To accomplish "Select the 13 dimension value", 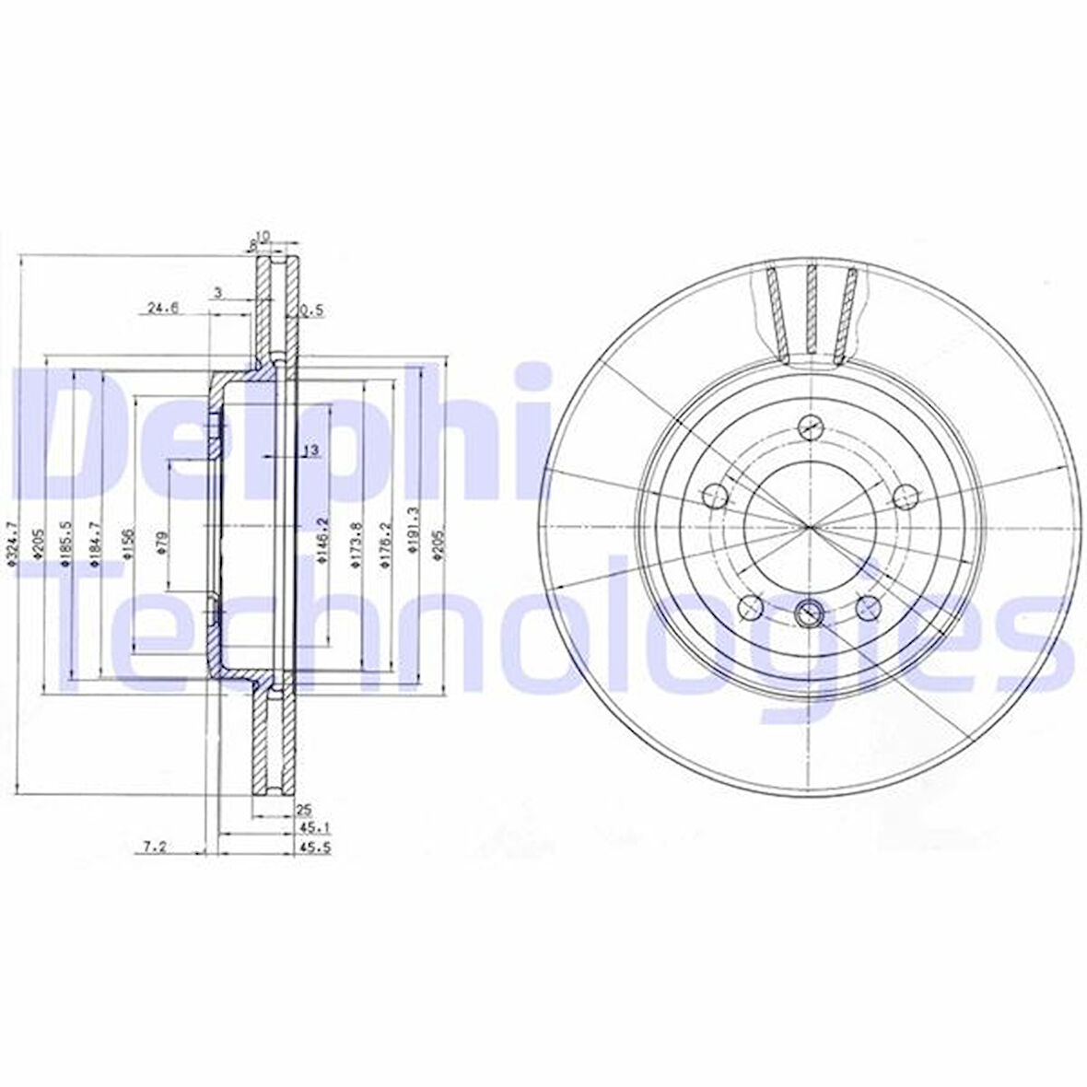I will click(310, 450).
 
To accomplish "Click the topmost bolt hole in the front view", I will click(810, 427).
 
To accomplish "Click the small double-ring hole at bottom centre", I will click(810, 610).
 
